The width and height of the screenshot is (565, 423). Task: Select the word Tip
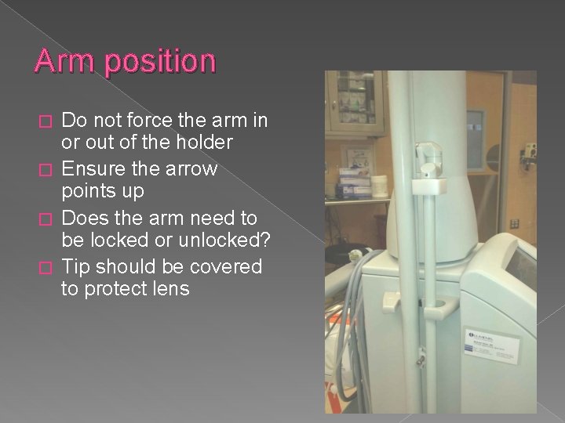[75, 266]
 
